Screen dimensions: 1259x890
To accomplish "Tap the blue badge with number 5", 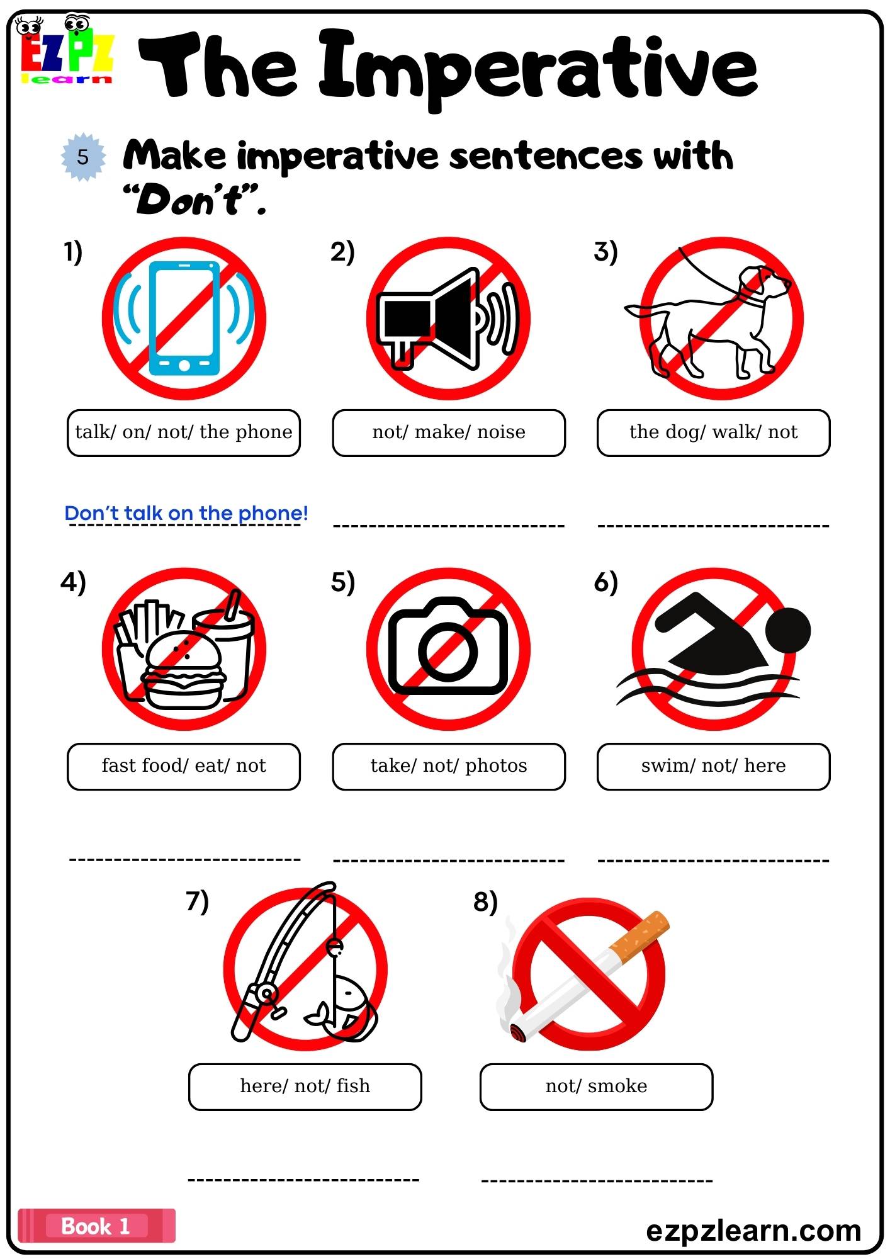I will tap(83, 157).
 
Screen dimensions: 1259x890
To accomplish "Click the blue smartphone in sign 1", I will tap(184, 318).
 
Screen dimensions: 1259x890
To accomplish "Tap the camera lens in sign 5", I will tap(448, 651).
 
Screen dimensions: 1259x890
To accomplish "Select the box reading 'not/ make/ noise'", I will tap(449, 432).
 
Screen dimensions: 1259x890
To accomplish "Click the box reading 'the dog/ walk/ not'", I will tap(713, 432).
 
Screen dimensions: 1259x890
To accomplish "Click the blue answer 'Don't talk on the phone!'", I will tap(186, 513).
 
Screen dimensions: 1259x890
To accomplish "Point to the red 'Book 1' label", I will tap(96, 1226).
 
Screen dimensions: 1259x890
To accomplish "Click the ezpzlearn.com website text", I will tap(753, 1230).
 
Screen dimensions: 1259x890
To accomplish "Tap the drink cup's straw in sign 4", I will tap(233, 604).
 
